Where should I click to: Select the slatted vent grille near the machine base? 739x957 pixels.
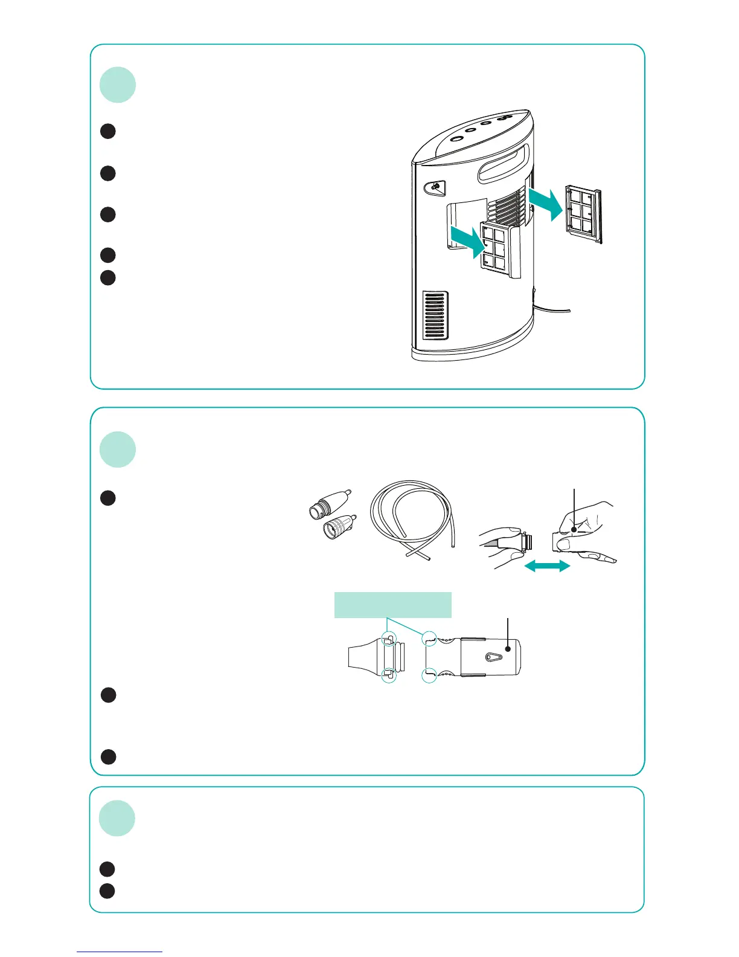click(435, 316)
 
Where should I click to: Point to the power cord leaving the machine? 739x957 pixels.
click(552, 309)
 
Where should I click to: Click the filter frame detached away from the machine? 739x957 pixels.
click(583, 214)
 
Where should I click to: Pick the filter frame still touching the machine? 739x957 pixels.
click(500, 251)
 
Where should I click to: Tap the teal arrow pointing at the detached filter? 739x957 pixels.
click(546, 204)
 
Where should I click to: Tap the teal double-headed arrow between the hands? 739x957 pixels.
click(547, 566)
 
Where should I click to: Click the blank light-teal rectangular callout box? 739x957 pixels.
click(393, 605)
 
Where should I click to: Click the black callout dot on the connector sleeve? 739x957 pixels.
click(508, 649)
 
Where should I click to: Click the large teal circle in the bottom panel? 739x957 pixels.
click(118, 819)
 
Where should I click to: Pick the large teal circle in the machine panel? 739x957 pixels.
click(118, 85)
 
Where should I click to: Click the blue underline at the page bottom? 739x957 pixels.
click(120, 952)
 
